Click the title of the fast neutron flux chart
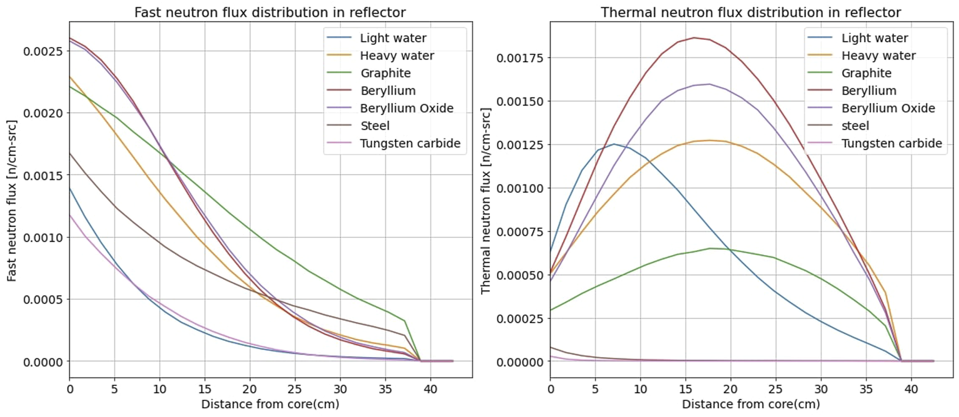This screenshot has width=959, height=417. click(270, 12)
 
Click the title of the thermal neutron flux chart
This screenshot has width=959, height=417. click(751, 12)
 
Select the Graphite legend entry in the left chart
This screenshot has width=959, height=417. click(385, 73)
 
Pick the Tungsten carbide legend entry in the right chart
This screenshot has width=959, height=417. click(891, 143)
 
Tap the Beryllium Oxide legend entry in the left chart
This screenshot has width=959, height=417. click(406, 108)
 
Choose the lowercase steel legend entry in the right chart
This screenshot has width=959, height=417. click(855, 126)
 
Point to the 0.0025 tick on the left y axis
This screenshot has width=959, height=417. click(43, 51)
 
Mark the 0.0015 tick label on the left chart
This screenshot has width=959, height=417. click(43, 175)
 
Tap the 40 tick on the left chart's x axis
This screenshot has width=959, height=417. click(430, 389)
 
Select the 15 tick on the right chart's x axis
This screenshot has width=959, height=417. click(686, 389)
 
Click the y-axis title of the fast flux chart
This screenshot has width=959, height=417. click(12, 200)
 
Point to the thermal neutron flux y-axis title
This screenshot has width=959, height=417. click(485, 200)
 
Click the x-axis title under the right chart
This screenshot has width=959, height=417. click(751, 404)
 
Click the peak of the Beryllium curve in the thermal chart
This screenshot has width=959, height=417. click(694, 38)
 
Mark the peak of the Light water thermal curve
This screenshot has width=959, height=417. click(614, 144)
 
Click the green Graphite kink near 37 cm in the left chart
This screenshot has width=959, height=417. click(404, 321)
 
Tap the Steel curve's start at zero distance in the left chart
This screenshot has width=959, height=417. click(70, 153)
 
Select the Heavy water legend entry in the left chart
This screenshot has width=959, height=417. click(397, 56)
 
